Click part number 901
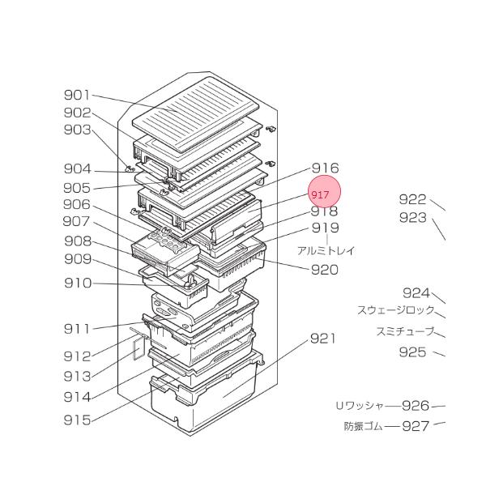78,96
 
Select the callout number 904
78,169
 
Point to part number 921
322,338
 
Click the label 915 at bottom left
78,420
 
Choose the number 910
78,283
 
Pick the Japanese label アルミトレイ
326,250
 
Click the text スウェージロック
396,310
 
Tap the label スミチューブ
405,331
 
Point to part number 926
415,406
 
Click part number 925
412,352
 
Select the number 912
78,356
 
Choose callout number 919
326,228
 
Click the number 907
78,221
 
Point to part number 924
416,292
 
